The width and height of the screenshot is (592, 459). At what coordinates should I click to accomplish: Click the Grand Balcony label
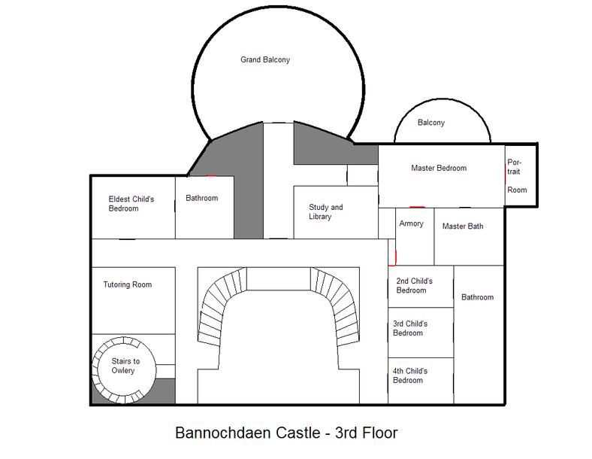pyautogui.click(x=265, y=59)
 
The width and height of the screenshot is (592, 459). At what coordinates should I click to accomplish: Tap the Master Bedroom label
pyautogui.click(x=439, y=168)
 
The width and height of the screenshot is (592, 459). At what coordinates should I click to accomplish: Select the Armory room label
pyautogui.click(x=411, y=223)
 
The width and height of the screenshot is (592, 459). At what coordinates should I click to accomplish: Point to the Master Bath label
pyautogui.click(x=463, y=226)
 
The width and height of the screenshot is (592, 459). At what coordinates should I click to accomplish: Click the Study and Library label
pyautogui.click(x=326, y=211)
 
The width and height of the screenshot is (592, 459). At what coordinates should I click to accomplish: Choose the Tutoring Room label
pyautogui.click(x=128, y=284)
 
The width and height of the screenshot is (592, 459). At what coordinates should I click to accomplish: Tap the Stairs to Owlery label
pyautogui.click(x=125, y=366)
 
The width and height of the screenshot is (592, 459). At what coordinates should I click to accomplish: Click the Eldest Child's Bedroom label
pyautogui.click(x=131, y=204)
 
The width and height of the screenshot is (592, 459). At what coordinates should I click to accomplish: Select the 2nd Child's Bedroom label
pyautogui.click(x=414, y=285)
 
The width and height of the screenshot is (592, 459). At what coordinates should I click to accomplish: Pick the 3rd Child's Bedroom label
pyautogui.click(x=410, y=328)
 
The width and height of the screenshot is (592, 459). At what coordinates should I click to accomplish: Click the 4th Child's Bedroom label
pyautogui.click(x=410, y=375)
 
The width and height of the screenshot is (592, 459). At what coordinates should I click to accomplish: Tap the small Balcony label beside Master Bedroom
pyautogui.click(x=431, y=123)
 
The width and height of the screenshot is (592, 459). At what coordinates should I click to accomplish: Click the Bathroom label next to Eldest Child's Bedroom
pyautogui.click(x=201, y=198)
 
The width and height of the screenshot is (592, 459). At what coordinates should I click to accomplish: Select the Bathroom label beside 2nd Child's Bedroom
pyautogui.click(x=477, y=297)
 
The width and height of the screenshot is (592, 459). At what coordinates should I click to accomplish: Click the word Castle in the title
pyautogui.click(x=298, y=433)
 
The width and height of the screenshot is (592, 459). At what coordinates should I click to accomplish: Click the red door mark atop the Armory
pyautogui.click(x=417, y=207)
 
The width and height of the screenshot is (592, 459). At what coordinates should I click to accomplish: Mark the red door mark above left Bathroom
pyautogui.click(x=210, y=176)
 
